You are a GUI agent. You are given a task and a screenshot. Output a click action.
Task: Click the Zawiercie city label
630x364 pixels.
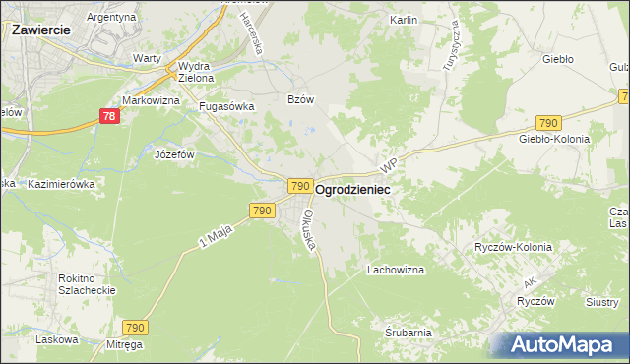41,30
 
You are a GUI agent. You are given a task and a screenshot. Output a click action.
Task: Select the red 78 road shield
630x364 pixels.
111,117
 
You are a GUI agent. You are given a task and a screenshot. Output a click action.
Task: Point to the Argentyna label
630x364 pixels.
110,18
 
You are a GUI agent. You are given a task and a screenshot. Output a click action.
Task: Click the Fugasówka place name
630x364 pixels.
227,106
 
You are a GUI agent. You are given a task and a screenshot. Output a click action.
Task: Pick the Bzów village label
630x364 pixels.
300,99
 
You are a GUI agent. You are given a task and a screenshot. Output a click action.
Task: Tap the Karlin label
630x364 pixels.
404,20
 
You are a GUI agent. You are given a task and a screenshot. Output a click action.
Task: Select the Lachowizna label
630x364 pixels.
395,269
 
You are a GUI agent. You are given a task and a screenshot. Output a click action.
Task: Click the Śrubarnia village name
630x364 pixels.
409,333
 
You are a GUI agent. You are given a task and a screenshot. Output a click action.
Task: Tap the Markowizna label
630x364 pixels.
150,101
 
